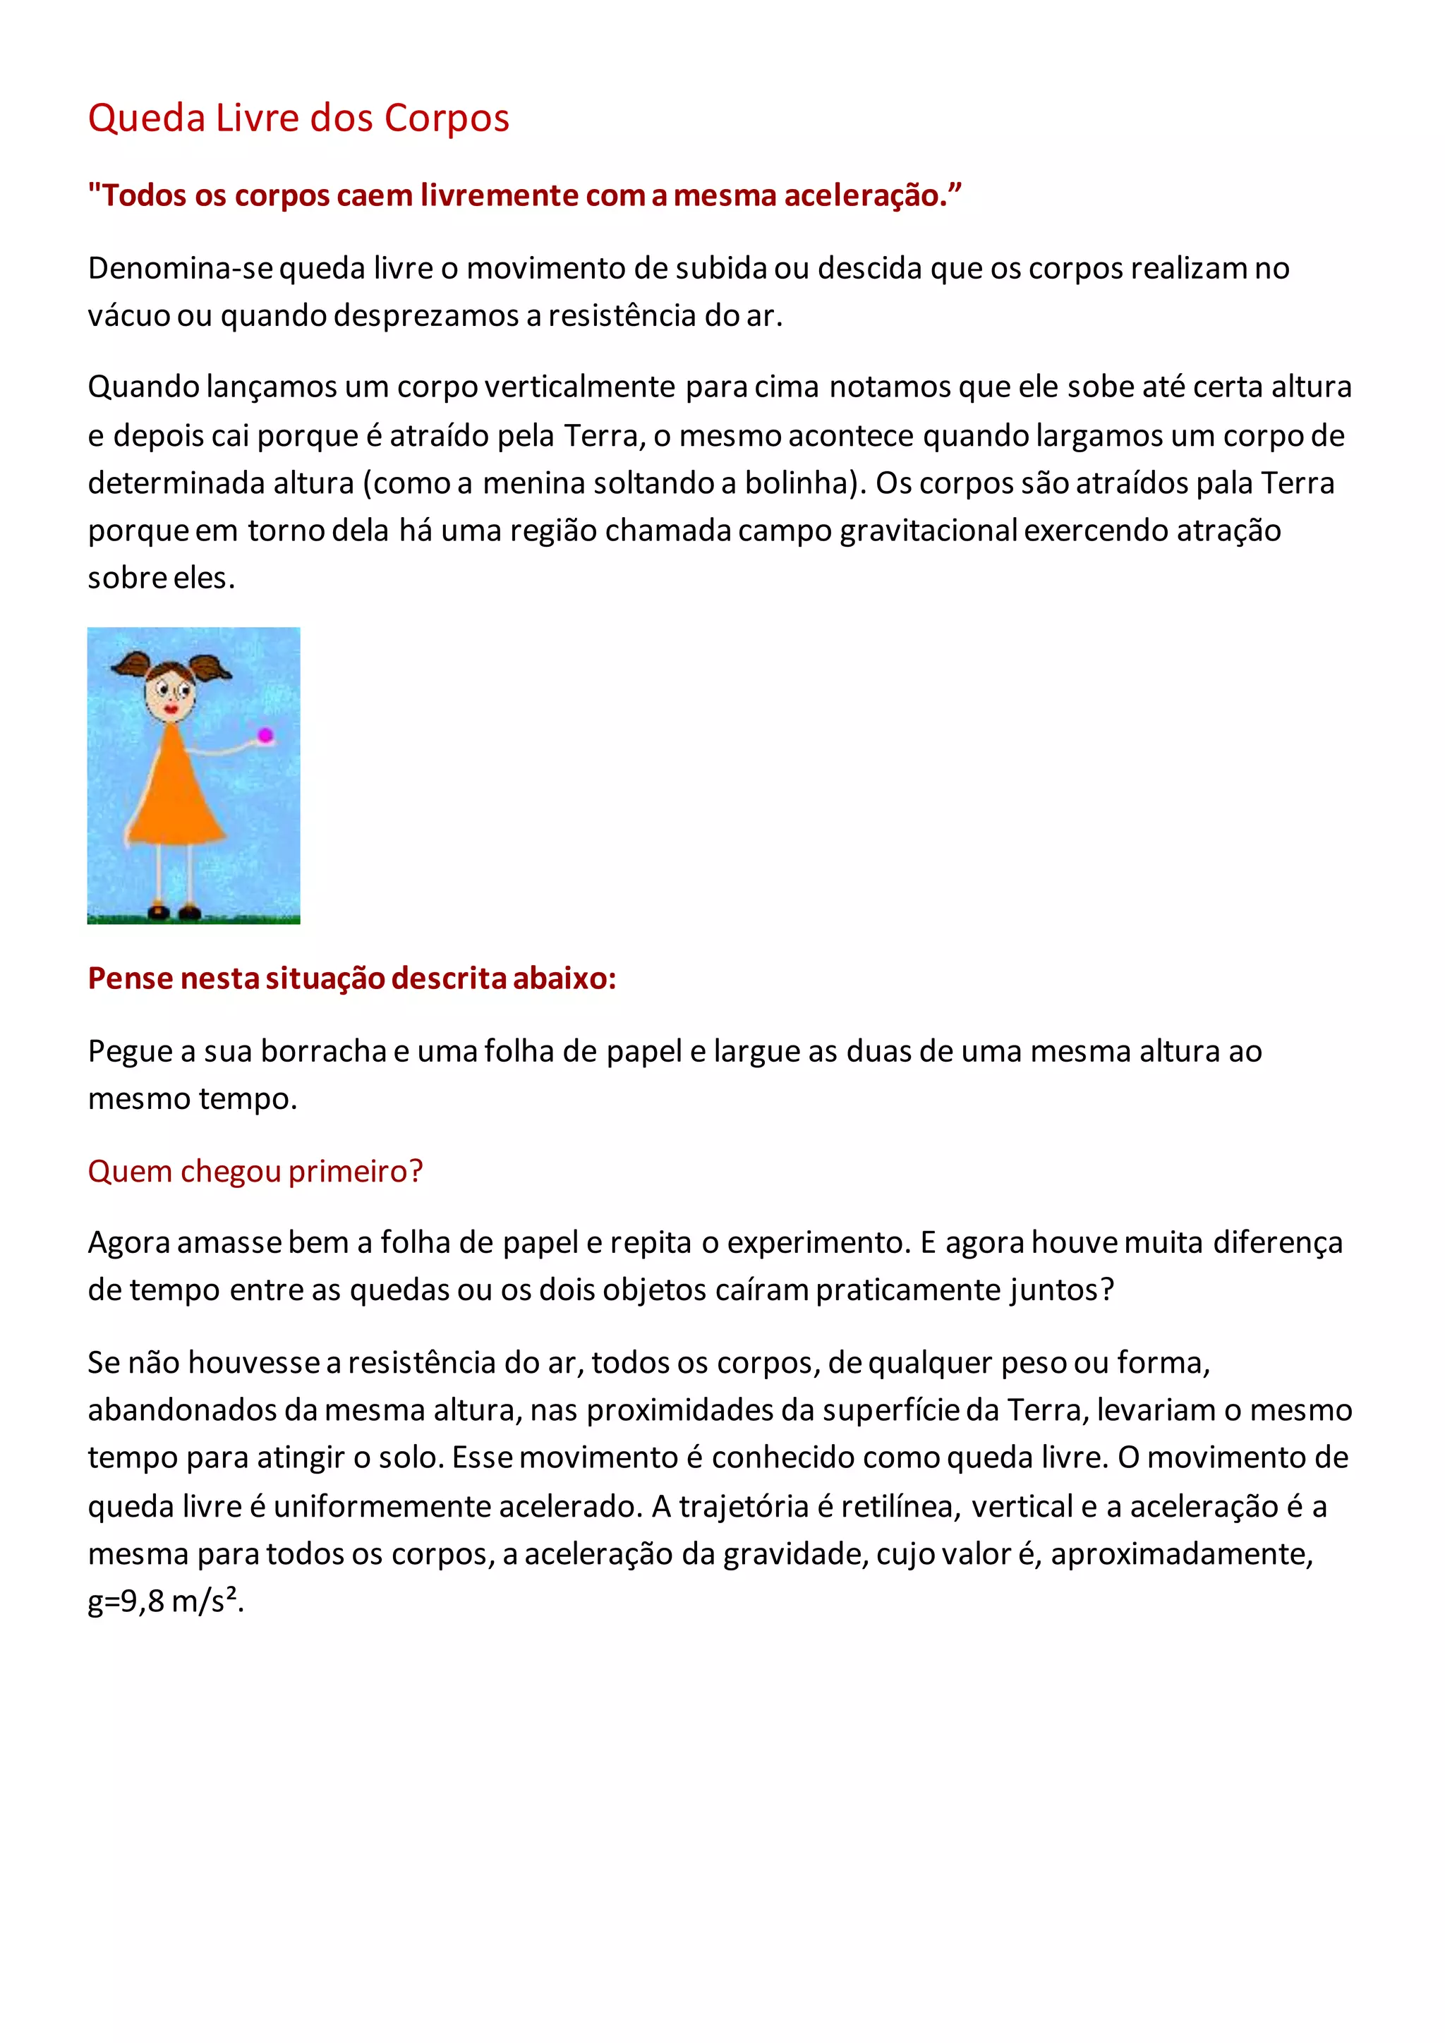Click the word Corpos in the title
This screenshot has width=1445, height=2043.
pos(447,119)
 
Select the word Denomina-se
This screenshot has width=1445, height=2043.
pos(181,268)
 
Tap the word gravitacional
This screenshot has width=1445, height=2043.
pos(928,531)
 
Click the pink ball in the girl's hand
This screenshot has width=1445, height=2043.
pos(265,735)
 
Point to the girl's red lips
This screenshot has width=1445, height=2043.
pos(171,708)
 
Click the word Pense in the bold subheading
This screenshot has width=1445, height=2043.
pos(130,978)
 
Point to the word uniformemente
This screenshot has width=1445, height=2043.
pos(382,1505)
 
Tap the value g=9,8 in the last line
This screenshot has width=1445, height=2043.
pos(126,1601)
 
